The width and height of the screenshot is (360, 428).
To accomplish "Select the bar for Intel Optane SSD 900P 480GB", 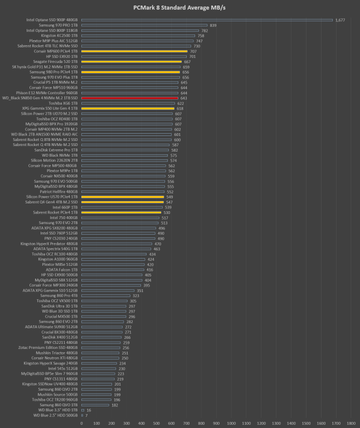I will tap(207, 20).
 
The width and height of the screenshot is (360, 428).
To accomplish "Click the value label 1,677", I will tap(340, 20).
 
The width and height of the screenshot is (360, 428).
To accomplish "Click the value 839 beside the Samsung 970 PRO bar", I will tap(213, 25).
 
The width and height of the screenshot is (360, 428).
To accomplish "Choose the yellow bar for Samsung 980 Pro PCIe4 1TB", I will tap(130, 72).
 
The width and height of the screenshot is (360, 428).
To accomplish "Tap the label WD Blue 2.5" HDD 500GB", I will tap(56, 415).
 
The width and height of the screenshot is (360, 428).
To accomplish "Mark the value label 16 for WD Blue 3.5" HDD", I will tap(89, 410).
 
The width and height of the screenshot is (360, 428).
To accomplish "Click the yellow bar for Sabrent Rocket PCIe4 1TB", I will tap(121, 212).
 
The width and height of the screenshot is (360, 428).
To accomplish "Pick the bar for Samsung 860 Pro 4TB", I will tap(106, 295).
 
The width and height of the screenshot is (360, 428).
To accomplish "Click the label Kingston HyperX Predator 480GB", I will tap(50, 244).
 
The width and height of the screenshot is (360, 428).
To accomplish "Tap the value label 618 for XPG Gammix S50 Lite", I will tap(180, 108).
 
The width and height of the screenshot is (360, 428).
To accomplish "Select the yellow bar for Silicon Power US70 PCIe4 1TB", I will tap(123, 197).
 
